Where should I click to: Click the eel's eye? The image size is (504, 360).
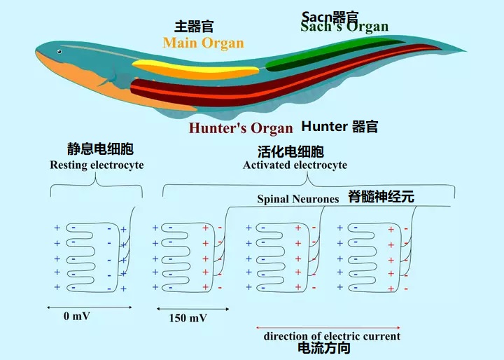point(59,51)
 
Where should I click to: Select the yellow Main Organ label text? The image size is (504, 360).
point(203,43)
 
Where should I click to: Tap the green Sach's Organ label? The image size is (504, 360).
point(344,27)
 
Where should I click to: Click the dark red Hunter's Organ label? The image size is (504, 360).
point(241,128)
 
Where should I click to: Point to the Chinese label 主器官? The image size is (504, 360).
point(194,27)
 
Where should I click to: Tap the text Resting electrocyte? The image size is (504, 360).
point(97,165)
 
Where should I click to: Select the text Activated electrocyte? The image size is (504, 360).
point(295,165)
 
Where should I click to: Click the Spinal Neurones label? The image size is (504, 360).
point(298,199)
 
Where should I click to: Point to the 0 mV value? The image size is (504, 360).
point(77,316)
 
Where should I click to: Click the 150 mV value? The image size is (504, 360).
point(188,318)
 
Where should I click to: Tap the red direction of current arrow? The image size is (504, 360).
point(330,326)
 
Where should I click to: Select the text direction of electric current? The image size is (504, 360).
point(332,336)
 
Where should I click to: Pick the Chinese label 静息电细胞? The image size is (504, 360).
point(99,150)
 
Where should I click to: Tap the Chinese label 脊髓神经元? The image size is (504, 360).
point(381,197)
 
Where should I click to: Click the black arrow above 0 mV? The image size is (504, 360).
point(77,307)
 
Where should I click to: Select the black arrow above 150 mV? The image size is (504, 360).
point(187,308)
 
